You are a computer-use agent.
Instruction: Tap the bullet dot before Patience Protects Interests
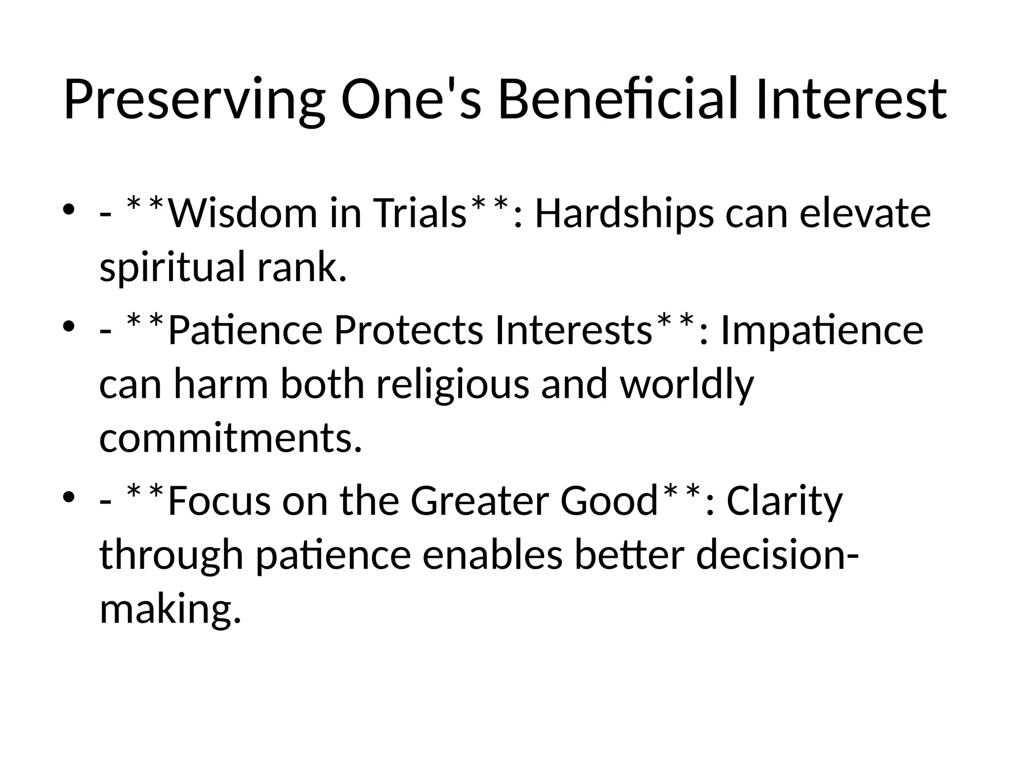[69, 326]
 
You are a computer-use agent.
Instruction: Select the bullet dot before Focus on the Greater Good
[69, 496]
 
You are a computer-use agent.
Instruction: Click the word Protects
[408, 331]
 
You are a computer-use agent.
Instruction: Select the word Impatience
[822, 331]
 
